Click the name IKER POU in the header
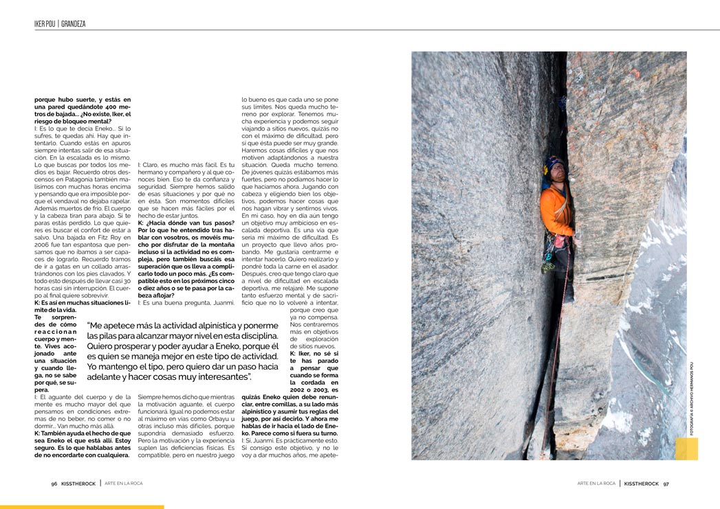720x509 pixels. tap(45, 24)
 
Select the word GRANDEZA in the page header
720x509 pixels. tap(74, 24)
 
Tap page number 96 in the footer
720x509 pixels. tap(54, 483)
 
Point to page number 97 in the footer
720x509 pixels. tap(666, 483)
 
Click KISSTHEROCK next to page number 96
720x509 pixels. tap(78, 483)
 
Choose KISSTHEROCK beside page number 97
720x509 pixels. tap(640, 483)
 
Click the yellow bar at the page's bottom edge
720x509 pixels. tap(82, 507)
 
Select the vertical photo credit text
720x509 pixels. tap(691, 398)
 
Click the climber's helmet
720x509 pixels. tap(554, 164)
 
